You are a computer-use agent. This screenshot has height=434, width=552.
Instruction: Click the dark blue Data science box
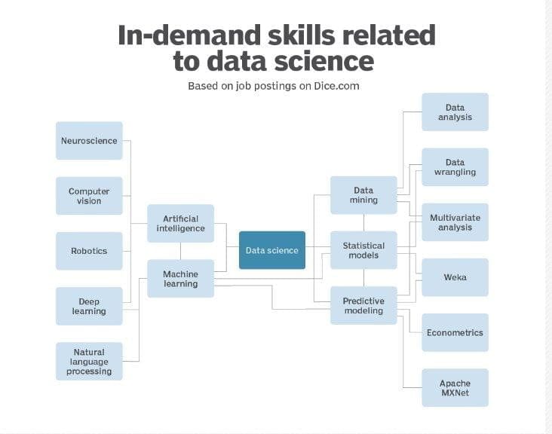(x=272, y=250)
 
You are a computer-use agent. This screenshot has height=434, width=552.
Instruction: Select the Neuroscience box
(x=89, y=141)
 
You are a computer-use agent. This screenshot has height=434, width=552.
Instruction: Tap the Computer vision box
(x=89, y=196)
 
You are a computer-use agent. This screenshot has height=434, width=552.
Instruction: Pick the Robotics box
(x=89, y=251)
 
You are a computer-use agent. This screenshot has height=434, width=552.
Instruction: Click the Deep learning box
(x=89, y=306)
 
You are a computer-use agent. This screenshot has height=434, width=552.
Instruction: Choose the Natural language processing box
(x=89, y=361)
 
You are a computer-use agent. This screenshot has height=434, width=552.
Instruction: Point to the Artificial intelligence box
(x=180, y=223)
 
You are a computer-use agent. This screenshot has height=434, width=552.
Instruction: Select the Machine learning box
(x=180, y=279)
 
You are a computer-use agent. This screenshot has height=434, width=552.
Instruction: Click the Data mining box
(x=363, y=195)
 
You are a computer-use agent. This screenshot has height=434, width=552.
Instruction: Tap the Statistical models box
(x=363, y=250)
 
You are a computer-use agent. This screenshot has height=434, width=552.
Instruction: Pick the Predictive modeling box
(x=363, y=305)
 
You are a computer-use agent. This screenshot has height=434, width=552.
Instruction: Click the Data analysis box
(x=455, y=112)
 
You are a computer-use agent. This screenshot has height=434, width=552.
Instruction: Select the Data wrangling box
(x=455, y=167)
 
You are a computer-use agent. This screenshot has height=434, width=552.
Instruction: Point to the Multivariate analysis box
(x=455, y=222)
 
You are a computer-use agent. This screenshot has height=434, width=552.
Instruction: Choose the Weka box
(x=455, y=277)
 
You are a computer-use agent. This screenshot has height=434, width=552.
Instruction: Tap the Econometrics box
(x=455, y=332)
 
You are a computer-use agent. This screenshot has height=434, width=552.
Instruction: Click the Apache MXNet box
(x=455, y=387)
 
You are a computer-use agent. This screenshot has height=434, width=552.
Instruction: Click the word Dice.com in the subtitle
(x=336, y=86)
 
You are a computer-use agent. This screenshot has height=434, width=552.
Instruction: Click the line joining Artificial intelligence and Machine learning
(x=180, y=251)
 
